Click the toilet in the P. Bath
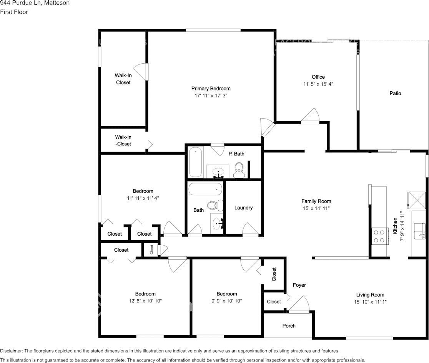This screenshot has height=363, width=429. tap(239, 169)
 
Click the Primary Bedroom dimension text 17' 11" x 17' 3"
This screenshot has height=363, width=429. tap(211, 96)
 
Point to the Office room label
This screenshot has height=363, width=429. tap(318, 77)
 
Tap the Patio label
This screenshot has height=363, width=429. tap(395, 93)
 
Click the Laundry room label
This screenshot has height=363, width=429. tap(243, 208)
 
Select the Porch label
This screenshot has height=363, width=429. tap(289, 326)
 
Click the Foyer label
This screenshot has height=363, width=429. tap(299, 285)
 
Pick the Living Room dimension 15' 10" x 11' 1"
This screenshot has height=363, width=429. tap(370, 302)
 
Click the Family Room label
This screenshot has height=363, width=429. tap(316, 201)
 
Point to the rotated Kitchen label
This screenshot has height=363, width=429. tap(395, 226)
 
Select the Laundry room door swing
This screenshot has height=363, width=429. tap(250, 229)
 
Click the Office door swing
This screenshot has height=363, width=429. tap(311, 116)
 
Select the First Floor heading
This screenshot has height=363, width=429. tap(14, 12)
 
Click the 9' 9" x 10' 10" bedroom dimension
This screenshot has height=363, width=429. tap(226, 301)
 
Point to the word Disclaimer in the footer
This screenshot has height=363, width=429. tap(12, 351)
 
